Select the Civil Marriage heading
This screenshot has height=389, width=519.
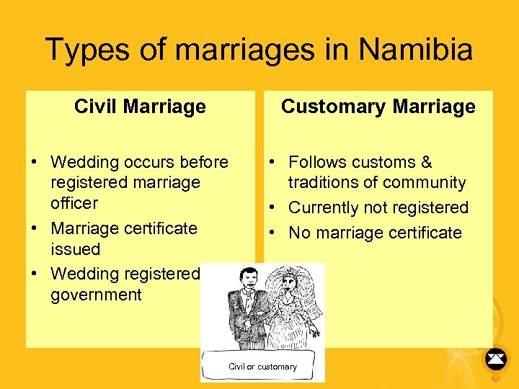(140, 107)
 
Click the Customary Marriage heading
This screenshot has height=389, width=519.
(378, 107)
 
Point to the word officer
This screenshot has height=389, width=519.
(74, 203)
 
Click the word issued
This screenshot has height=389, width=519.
(75, 249)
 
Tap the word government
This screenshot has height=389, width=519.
(97, 295)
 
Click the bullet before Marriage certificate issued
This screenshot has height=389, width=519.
(35, 229)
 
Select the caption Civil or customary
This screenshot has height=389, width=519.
(262, 367)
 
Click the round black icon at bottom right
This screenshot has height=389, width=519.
(495, 357)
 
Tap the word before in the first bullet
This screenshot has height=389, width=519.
(203, 163)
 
